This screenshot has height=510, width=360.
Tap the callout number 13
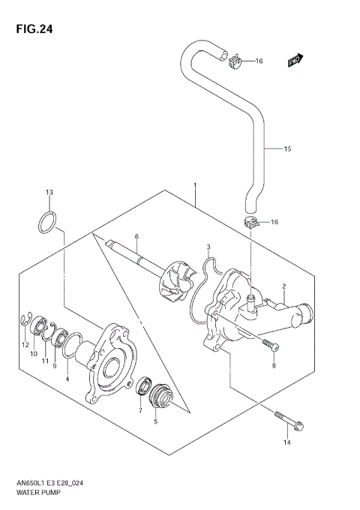[49, 193]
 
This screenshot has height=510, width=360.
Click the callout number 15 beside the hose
[286, 149]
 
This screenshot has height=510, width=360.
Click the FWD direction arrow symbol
[296, 58]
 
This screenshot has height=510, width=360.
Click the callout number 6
[137, 237]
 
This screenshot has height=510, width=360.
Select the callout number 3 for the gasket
[208, 247]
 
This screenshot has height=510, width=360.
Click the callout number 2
[284, 286]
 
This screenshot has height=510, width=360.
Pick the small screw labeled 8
[271, 346]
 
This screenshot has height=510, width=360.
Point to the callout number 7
[139, 411]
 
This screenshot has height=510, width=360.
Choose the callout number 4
[67, 380]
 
